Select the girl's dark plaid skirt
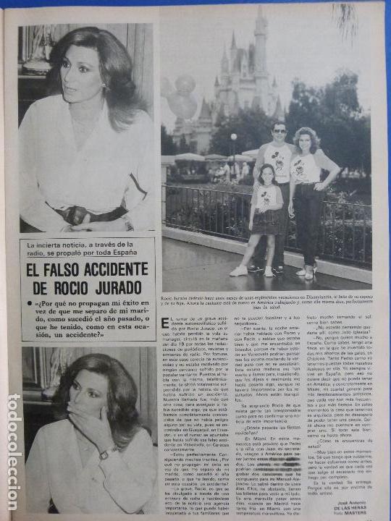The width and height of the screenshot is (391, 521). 266,221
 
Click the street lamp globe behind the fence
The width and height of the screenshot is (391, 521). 234,137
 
